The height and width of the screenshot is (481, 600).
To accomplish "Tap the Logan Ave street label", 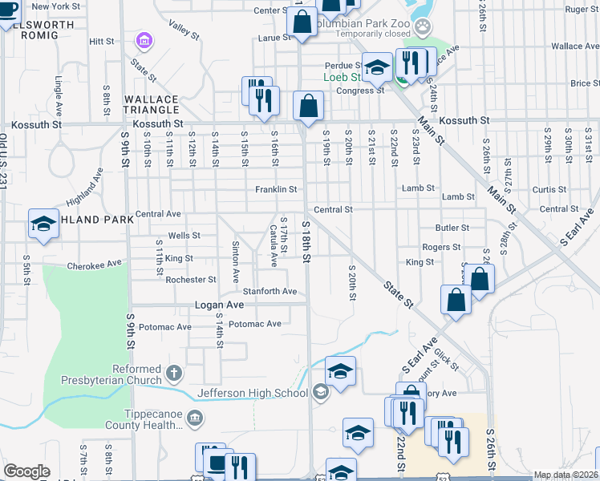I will click(219, 305).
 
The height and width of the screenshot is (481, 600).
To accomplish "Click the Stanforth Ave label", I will click(270, 291).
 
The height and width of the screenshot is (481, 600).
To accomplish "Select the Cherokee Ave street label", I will click(94, 264).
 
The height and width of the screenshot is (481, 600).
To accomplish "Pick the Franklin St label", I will click(276, 190).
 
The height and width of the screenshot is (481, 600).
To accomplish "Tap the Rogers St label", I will click(441, 248).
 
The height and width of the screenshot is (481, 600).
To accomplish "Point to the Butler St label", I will click(452, 228).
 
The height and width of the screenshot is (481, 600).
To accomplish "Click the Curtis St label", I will click(549, 190).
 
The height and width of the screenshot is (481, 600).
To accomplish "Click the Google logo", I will click(26, 471).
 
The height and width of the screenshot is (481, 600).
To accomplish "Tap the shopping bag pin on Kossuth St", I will click(308, 106).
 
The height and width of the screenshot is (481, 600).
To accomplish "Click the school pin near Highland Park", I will click(43, 224).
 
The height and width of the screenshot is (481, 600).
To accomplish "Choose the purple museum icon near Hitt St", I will click(144, 40).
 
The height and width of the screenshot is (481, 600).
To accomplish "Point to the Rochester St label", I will click(191, 280).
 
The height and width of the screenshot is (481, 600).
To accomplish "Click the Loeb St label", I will click(341, 78).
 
